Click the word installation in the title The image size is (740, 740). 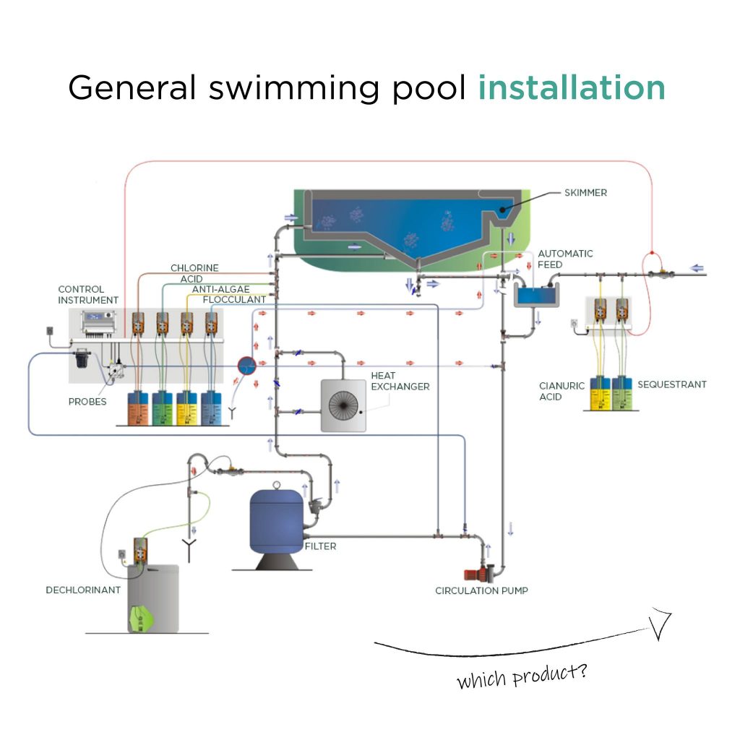point(571,87)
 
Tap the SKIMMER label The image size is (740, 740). point(586,193)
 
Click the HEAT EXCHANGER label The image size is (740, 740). point(400,381)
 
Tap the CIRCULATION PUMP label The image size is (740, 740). point(481,590)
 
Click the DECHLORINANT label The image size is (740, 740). point(82,590)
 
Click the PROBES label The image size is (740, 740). point(87,402)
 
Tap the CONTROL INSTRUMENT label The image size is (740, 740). point(88,294)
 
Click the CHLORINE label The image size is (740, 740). point(194,269)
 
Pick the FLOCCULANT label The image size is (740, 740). point(233,299)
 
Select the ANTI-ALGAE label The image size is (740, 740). point(220,289)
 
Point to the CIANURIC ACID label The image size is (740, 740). point(562,391)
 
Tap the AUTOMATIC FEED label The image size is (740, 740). point(565,259)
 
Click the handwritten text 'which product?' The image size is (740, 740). point(522,676)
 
